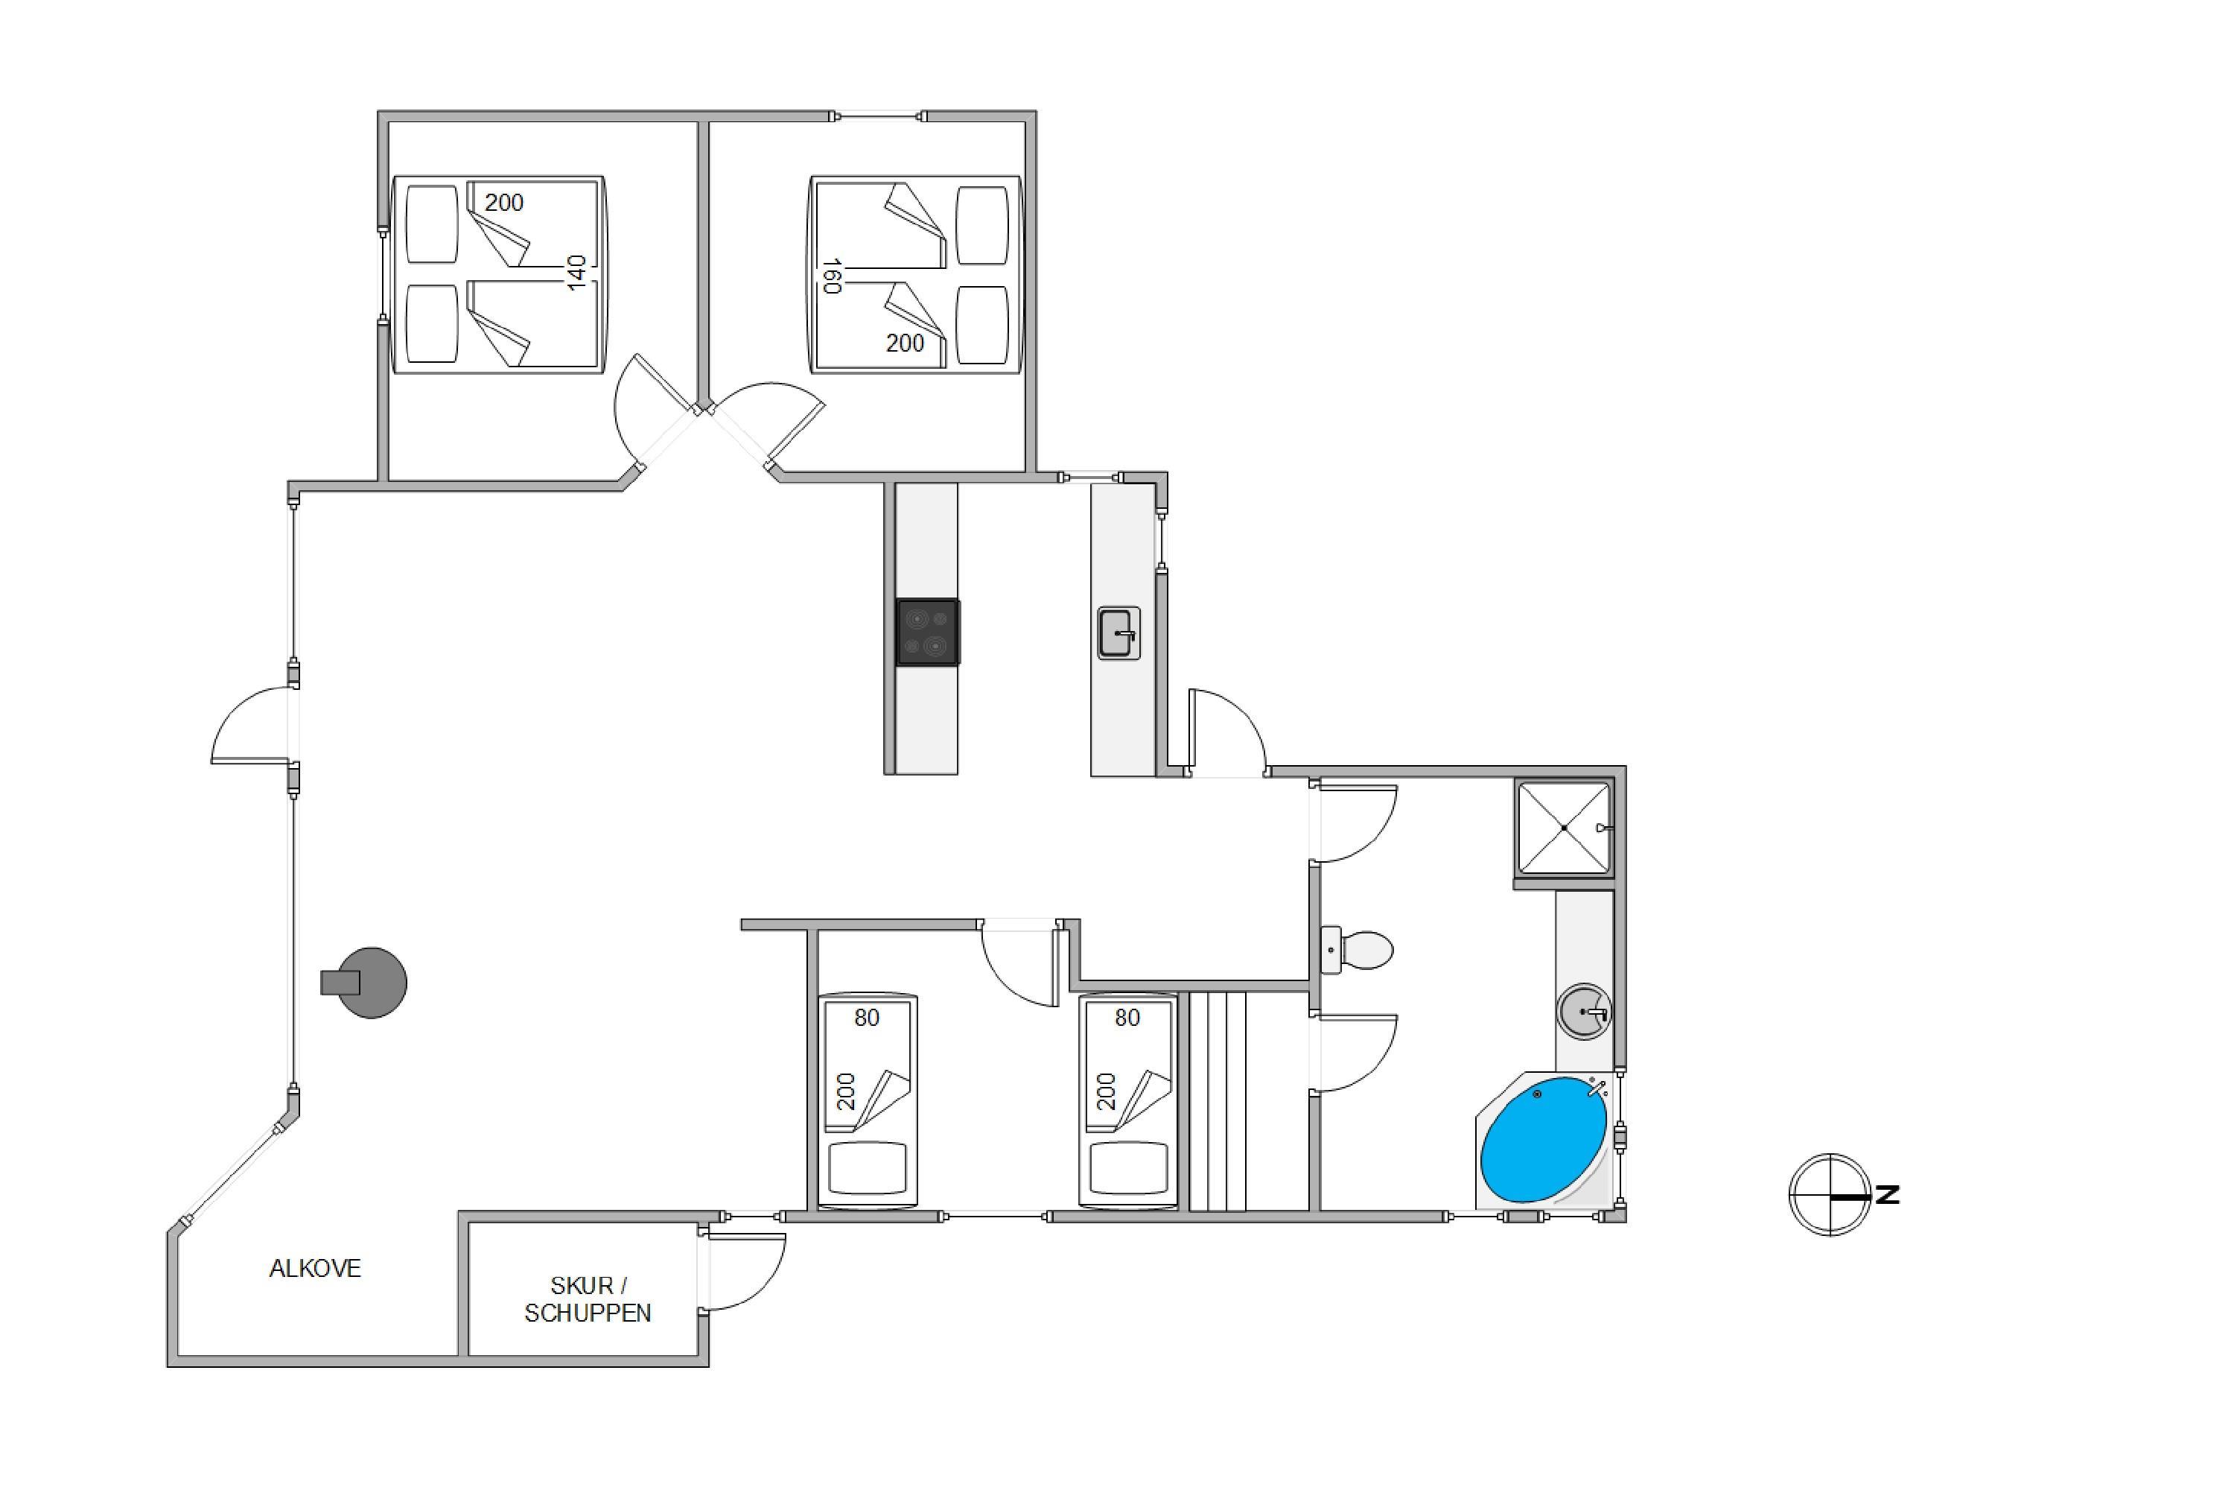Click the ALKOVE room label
click(314, 1269)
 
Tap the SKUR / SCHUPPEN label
click(588, 1299)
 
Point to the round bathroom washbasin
click(1585, 1011)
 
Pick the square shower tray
click(1563, 828)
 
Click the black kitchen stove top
click(928, 632)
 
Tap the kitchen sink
click(1119, 633)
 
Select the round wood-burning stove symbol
click(365, 983)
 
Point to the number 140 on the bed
click(576, 273)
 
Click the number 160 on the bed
click(833, 276)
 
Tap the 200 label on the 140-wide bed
click(503, 203)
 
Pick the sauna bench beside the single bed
click(1217, 1101)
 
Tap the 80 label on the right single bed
click(1127, 1018)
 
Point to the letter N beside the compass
click(1887, 1194)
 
